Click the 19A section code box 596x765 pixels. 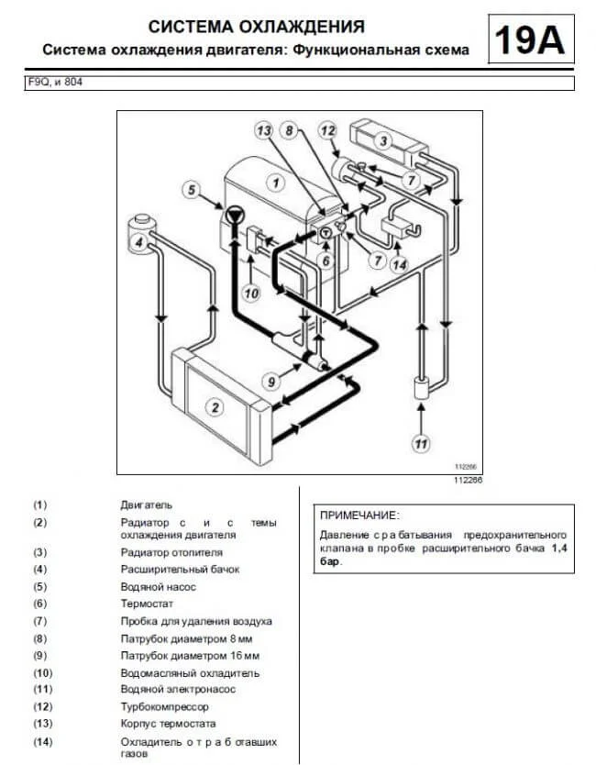tap(531, 39)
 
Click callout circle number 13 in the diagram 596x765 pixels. tap(264, 130)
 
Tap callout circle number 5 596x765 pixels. tap(192, 190)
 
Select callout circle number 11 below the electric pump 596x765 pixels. tap(421, 443)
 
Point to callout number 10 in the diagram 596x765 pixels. tap(251, 294)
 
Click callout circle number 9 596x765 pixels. tap(271, 382)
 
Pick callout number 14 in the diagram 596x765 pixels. tap(399, 265)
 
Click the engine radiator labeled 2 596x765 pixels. tap(220, 399)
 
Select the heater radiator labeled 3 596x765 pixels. tap(389, 141)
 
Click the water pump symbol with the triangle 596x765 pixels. tap(235, 214)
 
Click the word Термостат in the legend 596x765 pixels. tap(147, 604)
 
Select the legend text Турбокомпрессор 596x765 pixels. tap(164, 706)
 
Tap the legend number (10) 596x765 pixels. tap(43, 673)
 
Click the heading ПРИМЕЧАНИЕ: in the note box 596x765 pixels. tap(359, 516)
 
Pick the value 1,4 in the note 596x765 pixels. tap(559, 548)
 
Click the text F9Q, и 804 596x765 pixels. tap(55, 82)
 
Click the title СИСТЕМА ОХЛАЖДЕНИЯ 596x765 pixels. tap(257, 27)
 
